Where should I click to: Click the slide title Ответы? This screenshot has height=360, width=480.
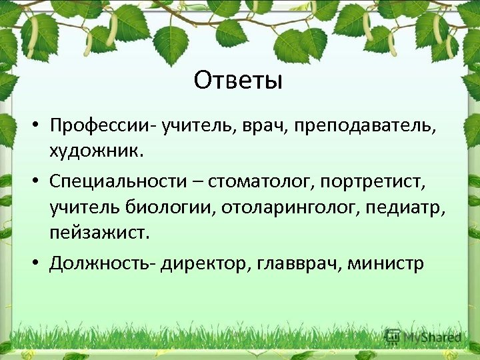tap(239, 81)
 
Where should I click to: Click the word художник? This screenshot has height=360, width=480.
tap(95, 151)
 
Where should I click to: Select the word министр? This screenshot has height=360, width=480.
tap(387, 263)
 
